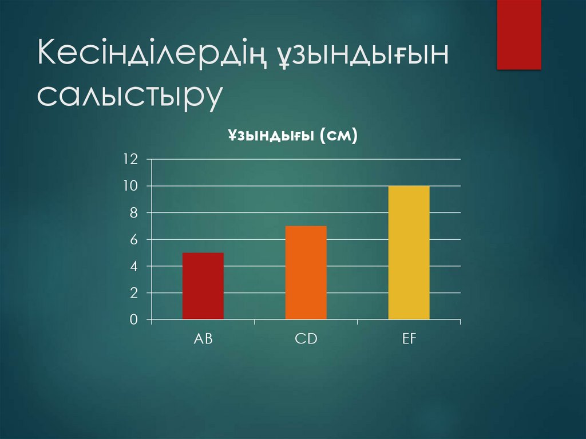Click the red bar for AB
click(x=203, y=286)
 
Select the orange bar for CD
click(x=306, y=272)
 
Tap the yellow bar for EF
click(x=409, y=252)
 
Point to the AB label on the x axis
click(x=203, y=338)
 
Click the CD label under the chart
click(x=306, y=338)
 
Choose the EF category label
click(x=409, y=338)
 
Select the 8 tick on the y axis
click(x=133, y=213)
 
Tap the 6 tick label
click(x=133, y=240)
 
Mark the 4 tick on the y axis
click(x=133, y=266)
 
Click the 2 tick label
click(x=133, y=293)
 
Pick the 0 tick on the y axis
click(x=133, y=320)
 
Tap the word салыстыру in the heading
click(x=129, y=96)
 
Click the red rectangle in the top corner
click(x=518, y=34)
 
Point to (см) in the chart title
click(x=339, y=136)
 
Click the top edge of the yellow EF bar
click(x=409, y=187)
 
